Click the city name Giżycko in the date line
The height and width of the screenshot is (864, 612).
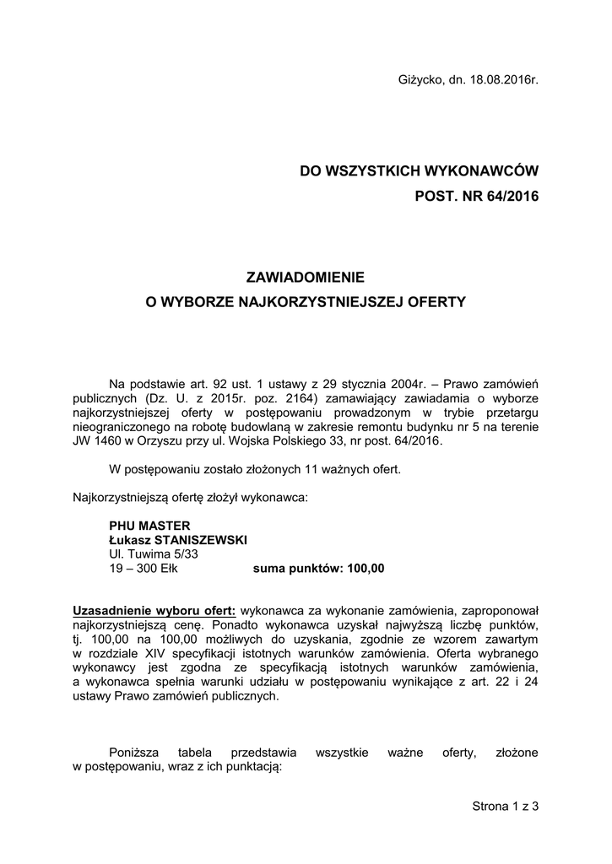pyautogui.click(x=418, y=80)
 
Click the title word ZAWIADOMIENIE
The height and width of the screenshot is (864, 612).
pyautogui.click(x=306, y=276)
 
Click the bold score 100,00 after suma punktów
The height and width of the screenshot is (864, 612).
pyautogui.click(x=366, y=568)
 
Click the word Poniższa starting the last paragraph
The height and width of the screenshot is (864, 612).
pyautogui.click(x=136, y=752)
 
